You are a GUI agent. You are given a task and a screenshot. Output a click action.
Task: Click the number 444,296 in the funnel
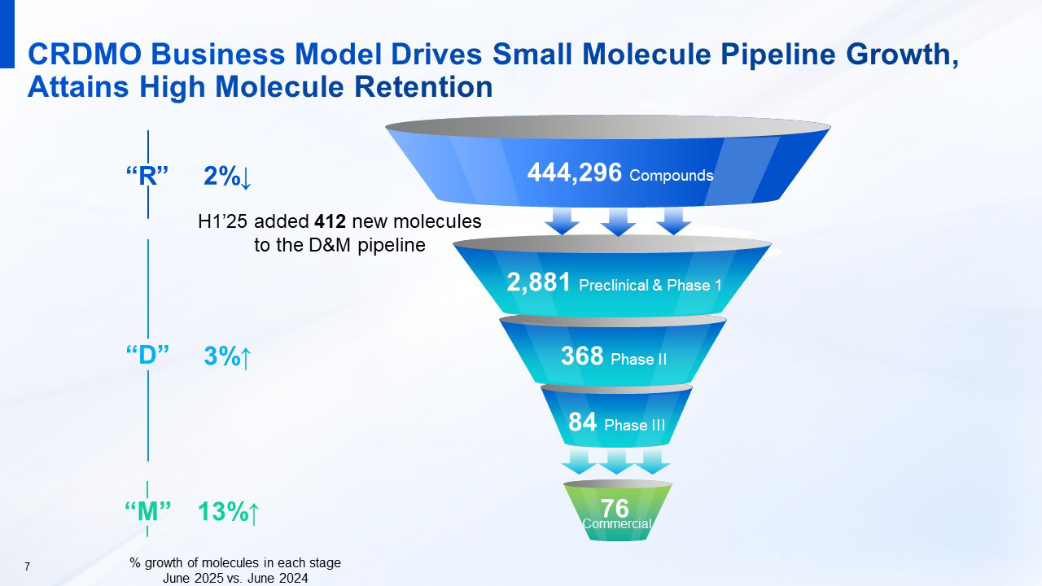[575, 173]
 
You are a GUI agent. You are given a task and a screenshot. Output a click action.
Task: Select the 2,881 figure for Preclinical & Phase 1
[539, 282]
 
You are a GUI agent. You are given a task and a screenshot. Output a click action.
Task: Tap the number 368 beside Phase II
[582, 356]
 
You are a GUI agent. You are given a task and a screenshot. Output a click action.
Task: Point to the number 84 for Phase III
[583, 422]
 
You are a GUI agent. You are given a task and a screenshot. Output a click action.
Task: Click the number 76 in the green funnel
[615, 508]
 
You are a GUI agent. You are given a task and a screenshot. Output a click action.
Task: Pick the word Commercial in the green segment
[617, 524]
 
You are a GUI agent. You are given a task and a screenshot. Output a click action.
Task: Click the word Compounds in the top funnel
[671, 175]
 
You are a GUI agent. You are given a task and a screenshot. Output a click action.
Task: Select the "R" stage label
[147, 176]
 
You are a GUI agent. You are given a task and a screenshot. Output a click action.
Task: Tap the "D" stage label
[148, 356]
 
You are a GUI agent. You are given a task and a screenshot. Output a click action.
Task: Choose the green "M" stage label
[148, 512]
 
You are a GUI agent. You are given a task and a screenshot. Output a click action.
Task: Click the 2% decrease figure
[227, 177]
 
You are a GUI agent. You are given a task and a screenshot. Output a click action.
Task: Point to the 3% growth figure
[227, 356]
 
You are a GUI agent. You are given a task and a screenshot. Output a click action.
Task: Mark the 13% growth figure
[229, 512]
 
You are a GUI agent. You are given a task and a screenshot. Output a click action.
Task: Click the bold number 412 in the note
[331, 221]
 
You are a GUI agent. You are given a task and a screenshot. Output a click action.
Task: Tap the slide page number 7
[28, 566]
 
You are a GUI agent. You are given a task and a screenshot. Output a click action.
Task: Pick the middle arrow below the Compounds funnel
[619, 221]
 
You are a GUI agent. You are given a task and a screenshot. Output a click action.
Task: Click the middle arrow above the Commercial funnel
[616, 461]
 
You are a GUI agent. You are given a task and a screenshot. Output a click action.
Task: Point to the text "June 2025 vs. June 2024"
[235, 578]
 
